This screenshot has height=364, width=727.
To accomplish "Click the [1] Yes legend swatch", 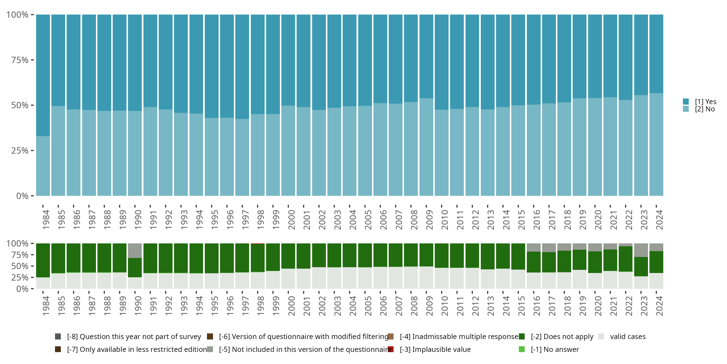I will [x=686, y=101].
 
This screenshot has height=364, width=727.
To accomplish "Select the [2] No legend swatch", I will [x=686, y=109].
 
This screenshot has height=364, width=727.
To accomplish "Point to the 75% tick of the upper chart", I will [x=32, y=60].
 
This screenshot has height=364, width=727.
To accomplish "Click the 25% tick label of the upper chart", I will [x=20, y=151].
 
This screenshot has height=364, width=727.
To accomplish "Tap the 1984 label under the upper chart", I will [x=46, y=220].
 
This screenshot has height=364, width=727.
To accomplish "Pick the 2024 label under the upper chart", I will [x=659, y=220].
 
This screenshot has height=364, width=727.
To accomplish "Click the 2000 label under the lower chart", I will [x=291, y=306].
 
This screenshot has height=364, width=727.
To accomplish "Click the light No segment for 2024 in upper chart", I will [x=656, y=144].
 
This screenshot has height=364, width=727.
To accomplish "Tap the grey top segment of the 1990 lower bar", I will [x=135, y=250].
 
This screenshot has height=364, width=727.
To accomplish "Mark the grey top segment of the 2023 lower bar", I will [x=641, y=250].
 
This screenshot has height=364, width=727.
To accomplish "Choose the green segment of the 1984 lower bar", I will [x=43, y=260].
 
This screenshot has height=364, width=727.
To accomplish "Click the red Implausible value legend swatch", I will [x=391, y=349].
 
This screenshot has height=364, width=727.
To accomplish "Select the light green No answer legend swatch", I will [x=522, y=349].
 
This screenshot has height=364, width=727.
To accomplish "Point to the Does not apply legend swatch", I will [x=522, y=336].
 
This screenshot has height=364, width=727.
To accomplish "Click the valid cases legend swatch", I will [x=601, y=336].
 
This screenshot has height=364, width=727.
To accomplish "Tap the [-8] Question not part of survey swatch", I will [x=58, y=336].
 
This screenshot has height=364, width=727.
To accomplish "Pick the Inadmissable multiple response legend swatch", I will [x=391, y=336].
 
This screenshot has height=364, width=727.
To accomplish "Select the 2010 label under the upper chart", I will [x=444, y=220].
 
